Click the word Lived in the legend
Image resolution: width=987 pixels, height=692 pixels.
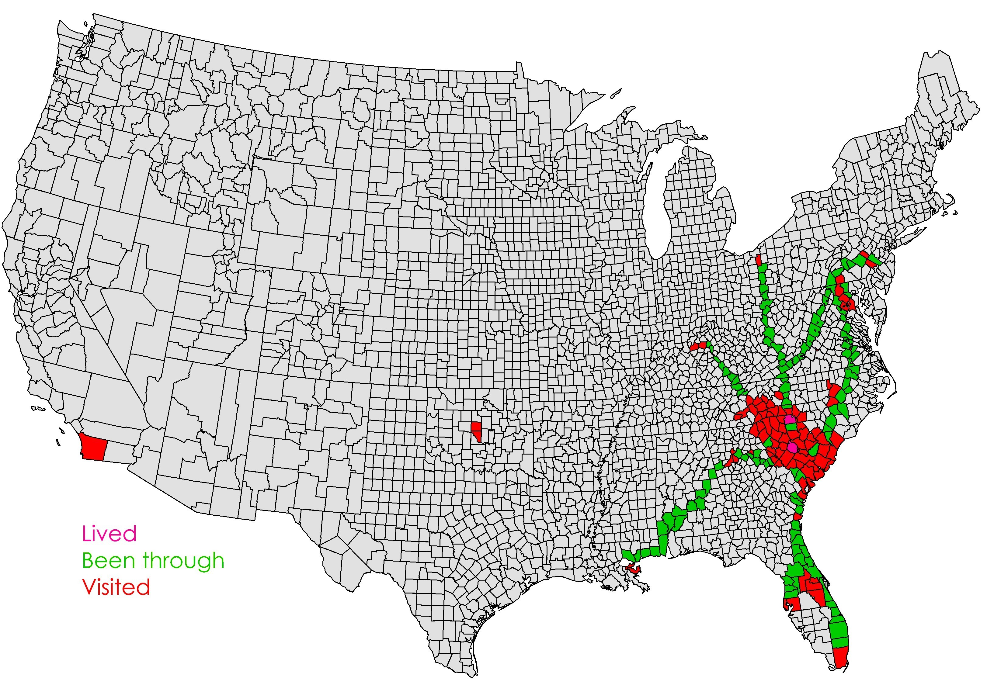click(x=109, y=534)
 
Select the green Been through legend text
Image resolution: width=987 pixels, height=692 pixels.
click(x=153, y=560)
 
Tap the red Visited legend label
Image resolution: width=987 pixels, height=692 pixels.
click(x=116, y=587)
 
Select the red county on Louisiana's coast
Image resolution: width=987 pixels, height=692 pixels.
click(x=632, y=568)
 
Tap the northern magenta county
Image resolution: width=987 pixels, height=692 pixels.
click(x=790, y=419)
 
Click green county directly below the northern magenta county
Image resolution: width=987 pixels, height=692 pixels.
click(x=790, y=426)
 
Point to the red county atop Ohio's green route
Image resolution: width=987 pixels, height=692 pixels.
click(x=759, y=260)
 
